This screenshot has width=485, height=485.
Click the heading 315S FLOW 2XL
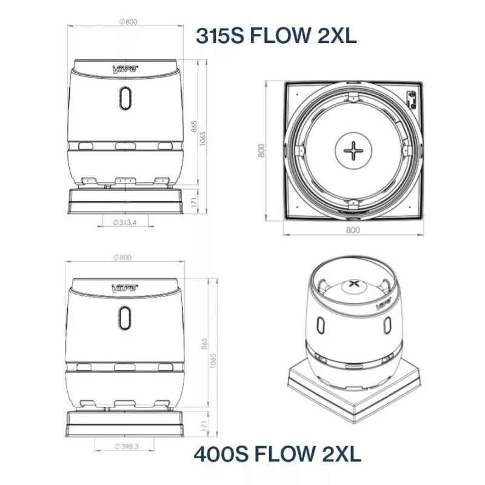pyautogui.click(x=276, y=35)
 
